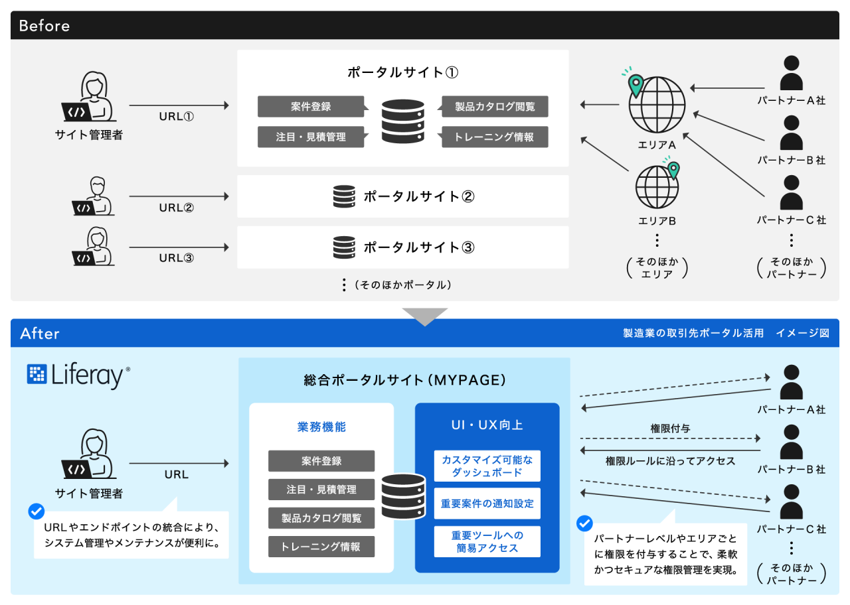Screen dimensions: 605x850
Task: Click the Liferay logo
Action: pos(78,375)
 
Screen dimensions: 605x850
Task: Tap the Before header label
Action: pos(44,26)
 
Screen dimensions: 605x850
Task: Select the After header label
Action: pos(40,333)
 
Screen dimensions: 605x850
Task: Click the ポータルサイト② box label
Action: pos(418,196)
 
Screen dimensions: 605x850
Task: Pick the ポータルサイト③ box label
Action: pos(418,247)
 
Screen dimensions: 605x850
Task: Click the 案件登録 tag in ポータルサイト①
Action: pos(311,106)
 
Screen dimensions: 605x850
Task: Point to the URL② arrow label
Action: pos(176,207)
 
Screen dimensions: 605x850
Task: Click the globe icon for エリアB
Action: pos(657,186)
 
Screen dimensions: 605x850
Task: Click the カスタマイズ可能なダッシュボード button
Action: pos(487,466)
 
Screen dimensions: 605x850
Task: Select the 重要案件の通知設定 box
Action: pos(487,504)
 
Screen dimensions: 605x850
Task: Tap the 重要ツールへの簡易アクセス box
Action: pos(487,541)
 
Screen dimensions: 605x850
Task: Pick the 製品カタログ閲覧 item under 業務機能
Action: pos(321,517)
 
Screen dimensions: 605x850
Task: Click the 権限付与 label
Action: pos(670,429)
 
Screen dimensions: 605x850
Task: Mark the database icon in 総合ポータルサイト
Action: pos(403,496)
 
